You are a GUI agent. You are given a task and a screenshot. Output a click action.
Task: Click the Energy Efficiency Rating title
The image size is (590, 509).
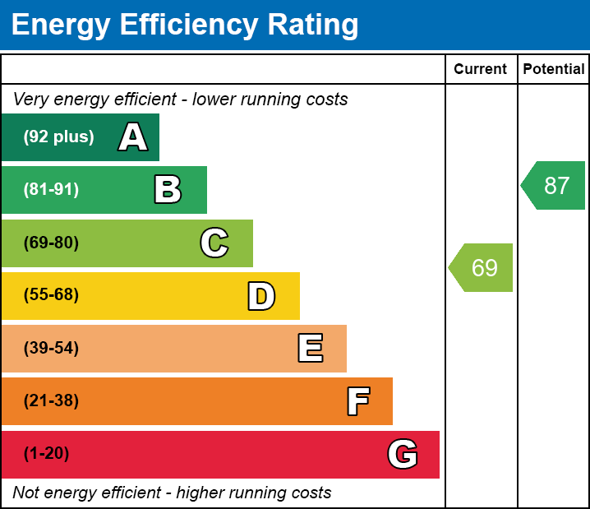coord(185,25)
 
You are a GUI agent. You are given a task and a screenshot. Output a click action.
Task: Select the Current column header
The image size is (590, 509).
coord(481,70)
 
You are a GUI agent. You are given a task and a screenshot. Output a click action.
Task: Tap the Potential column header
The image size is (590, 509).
coord(554,70)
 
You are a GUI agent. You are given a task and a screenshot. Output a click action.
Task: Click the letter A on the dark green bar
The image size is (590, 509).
coord(133,137)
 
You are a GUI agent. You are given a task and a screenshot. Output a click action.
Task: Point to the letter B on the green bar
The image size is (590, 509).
coord(168,190)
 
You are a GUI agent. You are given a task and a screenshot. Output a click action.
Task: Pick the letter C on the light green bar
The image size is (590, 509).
coord(214,243)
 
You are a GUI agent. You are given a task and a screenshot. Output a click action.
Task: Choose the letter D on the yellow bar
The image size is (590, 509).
coord(261,296)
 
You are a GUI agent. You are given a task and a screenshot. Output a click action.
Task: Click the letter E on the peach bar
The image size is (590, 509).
coord(310,349)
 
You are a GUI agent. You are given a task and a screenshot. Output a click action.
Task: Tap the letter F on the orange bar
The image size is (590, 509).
coord(357,401)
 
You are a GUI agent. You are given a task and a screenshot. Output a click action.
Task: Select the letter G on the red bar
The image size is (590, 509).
coord(403,454)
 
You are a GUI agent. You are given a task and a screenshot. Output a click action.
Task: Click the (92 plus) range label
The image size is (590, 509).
coord(58,137)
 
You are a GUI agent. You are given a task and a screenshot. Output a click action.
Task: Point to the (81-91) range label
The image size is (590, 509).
coord(51,190)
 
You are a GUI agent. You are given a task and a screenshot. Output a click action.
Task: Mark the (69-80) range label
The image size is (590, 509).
coord(51,243)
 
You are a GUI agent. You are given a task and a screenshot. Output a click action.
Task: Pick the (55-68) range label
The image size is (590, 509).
coord(51,295)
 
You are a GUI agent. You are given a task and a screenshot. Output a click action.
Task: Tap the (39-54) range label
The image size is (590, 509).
coord(51,349)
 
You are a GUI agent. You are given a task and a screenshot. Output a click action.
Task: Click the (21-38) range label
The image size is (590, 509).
coord(51,401)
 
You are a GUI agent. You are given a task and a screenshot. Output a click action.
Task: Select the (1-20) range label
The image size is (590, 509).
coord(47,454)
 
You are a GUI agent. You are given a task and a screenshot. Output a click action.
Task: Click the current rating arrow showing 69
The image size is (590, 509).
coord(482,267)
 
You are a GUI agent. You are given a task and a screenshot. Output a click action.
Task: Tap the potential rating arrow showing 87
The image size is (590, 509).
coord(555,186)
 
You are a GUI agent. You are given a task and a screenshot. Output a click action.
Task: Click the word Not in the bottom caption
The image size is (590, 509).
coord(27,493)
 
